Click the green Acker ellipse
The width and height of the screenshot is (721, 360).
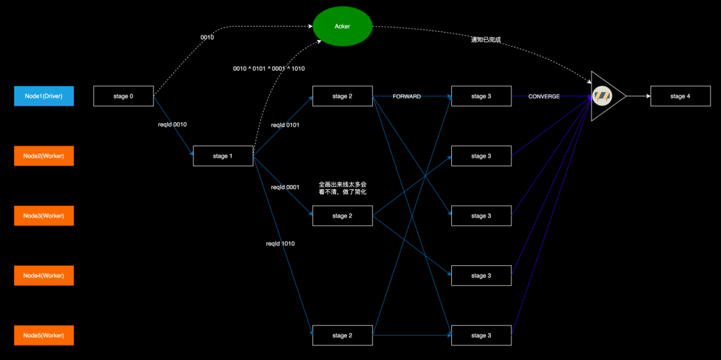(x=342, y=27)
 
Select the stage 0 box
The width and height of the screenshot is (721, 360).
(x=124, y=96)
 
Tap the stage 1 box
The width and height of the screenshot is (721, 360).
(x=223, y=156)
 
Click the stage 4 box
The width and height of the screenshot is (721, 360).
(x=680, y=96)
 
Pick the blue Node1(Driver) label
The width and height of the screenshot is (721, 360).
(x=43, y=96)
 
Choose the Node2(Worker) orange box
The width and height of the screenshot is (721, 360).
(x=43, y=156)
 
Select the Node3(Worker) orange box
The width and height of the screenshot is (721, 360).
(x=43, y=216)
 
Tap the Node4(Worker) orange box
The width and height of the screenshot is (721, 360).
(x=43, y=275)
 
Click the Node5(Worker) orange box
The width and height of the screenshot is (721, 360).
(x=43, y=335)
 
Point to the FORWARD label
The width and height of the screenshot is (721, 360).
(x=407, y=97)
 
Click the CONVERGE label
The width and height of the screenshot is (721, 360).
(x=544, y=97)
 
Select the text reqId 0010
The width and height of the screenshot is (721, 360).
(x=172, y=124)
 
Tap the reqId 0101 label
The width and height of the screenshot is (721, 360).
(x=285, y=125)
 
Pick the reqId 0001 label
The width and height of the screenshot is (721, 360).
(x=285, y=187)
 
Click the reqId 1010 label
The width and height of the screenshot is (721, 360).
(x=280, y=244)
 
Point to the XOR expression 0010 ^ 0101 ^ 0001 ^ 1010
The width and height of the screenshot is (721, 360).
(x=269, y=69)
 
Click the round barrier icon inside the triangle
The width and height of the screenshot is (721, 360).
(x=602, y=96)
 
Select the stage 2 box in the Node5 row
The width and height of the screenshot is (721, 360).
(x=342, y=335)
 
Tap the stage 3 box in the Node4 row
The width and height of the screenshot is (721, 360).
(x=481, y=275)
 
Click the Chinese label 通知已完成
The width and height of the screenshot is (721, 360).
(x=485, y=40)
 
